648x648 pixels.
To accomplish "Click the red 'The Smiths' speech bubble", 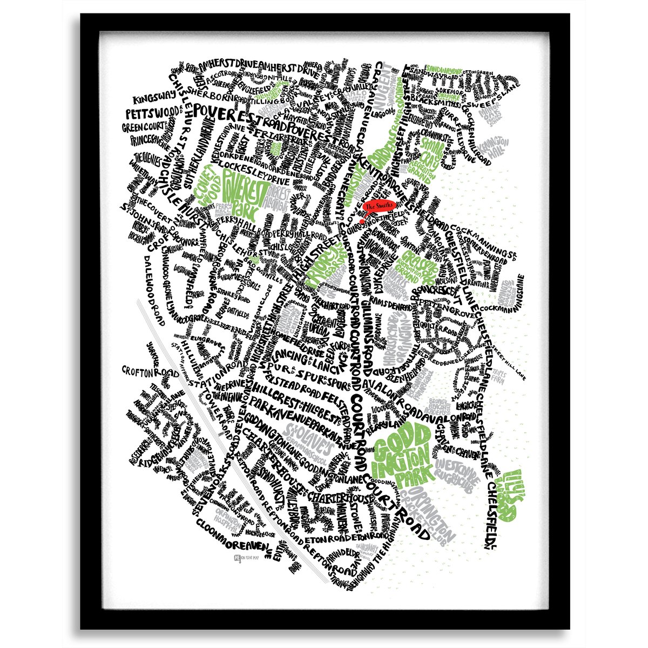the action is point(380,206).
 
